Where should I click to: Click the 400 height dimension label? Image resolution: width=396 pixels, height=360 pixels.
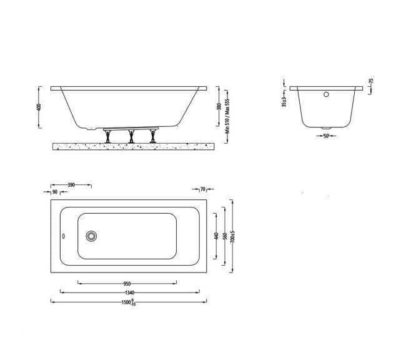point(37,108)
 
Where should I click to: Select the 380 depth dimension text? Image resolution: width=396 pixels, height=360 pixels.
point(219,107)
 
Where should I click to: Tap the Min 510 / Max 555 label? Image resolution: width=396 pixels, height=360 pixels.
point(229,113)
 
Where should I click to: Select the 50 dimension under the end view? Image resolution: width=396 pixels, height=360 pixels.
point(325,136)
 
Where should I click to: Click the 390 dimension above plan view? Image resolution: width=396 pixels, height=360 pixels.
point(71,185)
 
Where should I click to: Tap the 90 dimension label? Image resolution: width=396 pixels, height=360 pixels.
point(56,192)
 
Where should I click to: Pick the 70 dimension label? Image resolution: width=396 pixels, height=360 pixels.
point(202,188)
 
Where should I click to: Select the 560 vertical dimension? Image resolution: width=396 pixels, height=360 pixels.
point(225,236)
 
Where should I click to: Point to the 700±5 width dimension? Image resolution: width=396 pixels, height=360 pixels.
point(232,236)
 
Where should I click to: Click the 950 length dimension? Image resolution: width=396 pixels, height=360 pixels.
point(127,282)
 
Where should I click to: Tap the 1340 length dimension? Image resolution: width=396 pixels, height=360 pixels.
point(129,292)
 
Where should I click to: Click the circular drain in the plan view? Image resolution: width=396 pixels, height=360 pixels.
point(92,236)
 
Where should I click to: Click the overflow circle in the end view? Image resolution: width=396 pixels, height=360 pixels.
point(325,96)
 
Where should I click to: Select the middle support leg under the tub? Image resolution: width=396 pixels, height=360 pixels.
point(131,136)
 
